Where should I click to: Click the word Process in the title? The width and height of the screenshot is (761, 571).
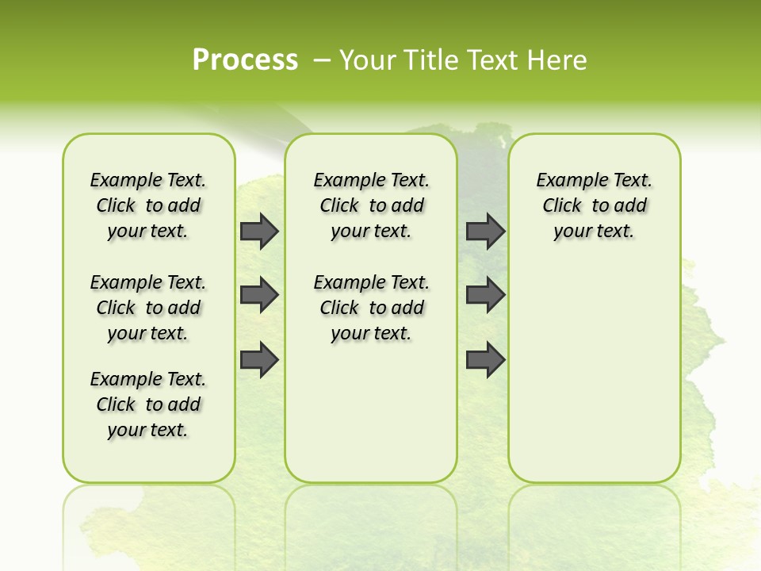[245, 60]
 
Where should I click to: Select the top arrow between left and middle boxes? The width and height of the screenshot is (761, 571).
[259, 232]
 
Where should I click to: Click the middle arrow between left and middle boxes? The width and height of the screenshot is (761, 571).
[259, 295]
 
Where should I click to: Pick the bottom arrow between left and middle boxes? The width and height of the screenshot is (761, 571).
[259, 360]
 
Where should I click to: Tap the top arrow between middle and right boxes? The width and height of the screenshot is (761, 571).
[485, 232]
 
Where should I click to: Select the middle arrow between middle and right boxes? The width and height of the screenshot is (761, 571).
[485, 295]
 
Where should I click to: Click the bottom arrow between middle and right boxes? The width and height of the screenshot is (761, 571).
[485, 360]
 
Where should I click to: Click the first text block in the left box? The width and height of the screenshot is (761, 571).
[148, 205]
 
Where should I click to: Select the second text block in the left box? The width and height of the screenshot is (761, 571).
[148, 308]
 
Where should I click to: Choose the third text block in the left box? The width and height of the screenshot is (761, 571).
[148, 404]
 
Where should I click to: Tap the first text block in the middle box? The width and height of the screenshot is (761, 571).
[371, 205]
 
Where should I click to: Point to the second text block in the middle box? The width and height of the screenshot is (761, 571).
[371, 308]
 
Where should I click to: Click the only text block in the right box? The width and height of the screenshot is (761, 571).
[594, 205]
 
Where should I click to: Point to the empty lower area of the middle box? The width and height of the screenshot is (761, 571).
[371, 412]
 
